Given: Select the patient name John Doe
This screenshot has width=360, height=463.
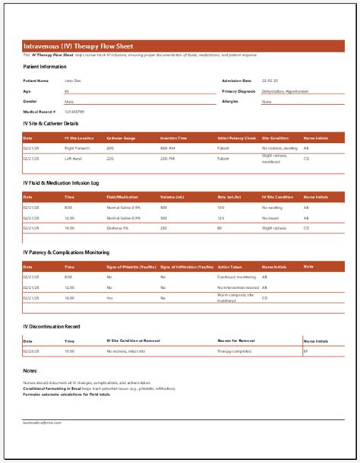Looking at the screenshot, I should pos(73,80).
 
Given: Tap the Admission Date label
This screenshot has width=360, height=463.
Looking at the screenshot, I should pos(235,80).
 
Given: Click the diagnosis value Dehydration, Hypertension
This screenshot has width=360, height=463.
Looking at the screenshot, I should pos(285,90).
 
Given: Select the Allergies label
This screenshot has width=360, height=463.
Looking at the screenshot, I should pos(230,101).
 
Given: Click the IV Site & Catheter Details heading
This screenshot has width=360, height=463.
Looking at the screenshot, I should pos(51,123).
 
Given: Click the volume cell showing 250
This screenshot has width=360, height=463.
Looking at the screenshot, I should pos(164,227).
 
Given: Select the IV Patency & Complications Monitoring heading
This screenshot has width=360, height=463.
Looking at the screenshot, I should pos(66,252).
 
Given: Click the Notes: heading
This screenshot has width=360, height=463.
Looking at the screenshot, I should pos(30,370).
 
